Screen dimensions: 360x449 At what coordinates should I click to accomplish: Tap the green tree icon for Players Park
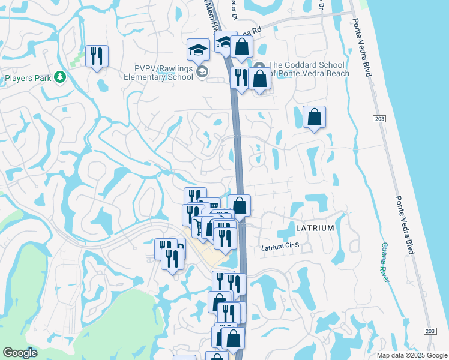pos(59,77)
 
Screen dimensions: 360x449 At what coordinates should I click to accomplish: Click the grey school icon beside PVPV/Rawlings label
pos(203,73)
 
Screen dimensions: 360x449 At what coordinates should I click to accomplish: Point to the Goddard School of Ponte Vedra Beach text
pos(306,69)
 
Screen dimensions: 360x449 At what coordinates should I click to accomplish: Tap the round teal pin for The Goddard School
pos(259,66)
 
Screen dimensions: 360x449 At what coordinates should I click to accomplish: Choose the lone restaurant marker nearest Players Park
pos(97,56)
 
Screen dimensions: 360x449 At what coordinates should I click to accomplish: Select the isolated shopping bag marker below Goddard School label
pos(315,118)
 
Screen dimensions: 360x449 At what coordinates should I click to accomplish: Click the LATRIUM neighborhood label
pos(315,229)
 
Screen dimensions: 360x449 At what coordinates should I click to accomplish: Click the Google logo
pos(20,353)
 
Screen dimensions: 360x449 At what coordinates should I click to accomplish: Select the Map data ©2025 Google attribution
pos(411,355)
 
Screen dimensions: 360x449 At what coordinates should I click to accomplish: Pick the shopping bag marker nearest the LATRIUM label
pos(239,206)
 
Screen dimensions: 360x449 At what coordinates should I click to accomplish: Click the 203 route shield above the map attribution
pos(430,331)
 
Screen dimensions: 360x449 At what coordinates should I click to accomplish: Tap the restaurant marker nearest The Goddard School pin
pos(240,77)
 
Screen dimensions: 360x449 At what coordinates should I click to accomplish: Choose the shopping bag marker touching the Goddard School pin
pos(260,79)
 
